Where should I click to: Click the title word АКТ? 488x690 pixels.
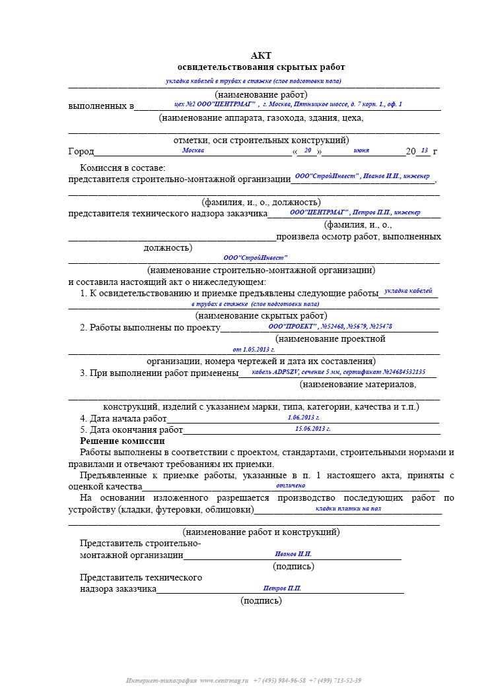261,56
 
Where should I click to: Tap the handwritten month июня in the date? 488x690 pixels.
361,151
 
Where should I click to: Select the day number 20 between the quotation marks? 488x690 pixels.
308,150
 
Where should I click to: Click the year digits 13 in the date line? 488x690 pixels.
424,150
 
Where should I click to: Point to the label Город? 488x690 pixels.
81,152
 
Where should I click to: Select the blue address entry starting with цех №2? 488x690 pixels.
288,105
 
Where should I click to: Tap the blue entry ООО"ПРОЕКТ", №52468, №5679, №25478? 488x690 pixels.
330,327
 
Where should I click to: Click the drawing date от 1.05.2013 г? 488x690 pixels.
254,349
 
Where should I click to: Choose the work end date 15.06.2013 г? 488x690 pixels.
313,429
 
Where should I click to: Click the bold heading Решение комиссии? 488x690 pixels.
122,441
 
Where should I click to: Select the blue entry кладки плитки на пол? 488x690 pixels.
348,509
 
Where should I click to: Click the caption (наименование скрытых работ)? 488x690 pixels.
261,315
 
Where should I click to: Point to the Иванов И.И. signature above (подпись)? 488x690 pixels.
293,554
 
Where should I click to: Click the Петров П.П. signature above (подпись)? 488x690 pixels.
282,588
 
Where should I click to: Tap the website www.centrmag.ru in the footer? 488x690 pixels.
224,680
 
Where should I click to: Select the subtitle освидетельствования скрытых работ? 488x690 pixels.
261,67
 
